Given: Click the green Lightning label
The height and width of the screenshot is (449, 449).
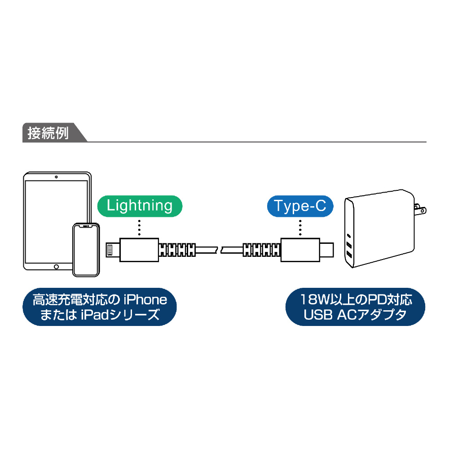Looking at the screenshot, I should click(x=140, y=206).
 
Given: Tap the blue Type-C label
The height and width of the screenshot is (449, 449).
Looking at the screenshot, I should click(x=300, y=206).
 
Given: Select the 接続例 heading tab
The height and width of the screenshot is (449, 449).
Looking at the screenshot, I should click(x=48, y=134).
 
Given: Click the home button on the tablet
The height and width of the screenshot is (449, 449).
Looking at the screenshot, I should click(x=56, y=266).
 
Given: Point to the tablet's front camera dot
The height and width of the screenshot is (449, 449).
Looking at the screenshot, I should click(x=56, y=176).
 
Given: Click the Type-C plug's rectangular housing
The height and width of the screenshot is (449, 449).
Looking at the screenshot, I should click(x=299, y=248).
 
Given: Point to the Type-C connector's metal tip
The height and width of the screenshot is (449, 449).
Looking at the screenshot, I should click(x=326, y=248).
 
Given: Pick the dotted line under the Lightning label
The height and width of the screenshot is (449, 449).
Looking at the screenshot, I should click(x=140, y=228).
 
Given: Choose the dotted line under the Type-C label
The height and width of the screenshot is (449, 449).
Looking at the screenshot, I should click(x=300, y=228).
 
